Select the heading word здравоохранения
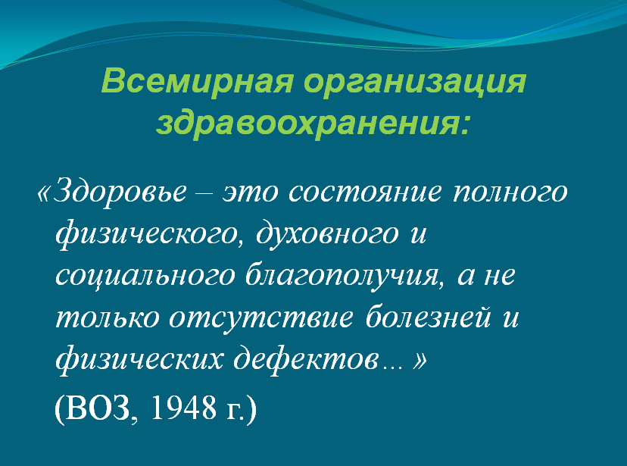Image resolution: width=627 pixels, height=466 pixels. pos(313,124)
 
